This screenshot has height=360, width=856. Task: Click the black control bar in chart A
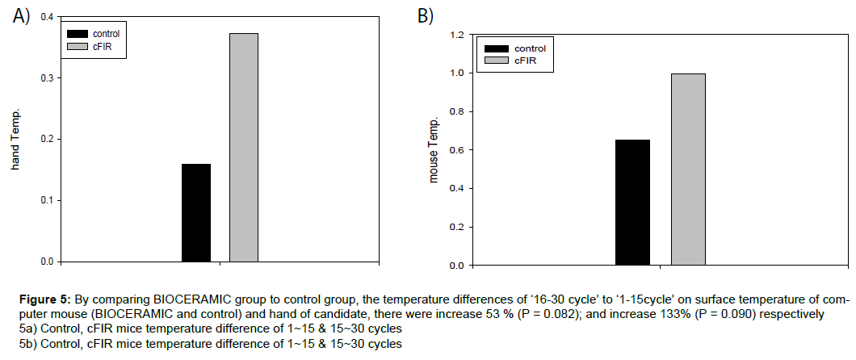196,212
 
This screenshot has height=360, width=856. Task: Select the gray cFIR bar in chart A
244,147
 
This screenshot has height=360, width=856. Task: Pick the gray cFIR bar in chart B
688,169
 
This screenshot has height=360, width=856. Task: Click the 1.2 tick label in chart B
456,35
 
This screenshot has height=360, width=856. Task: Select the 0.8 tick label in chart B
456,111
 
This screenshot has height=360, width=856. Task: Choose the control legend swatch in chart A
78,33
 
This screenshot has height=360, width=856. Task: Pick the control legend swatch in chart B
495,48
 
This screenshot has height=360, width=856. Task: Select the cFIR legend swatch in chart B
495,61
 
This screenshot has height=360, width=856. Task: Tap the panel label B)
426,15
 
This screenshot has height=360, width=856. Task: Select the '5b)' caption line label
28,344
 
